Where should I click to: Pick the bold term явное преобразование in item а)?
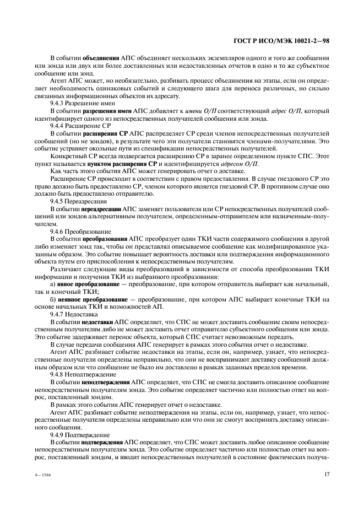pyautogui.click(x=89, y=284)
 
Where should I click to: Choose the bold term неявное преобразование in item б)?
pyautogui.click(x=91, y=299)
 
